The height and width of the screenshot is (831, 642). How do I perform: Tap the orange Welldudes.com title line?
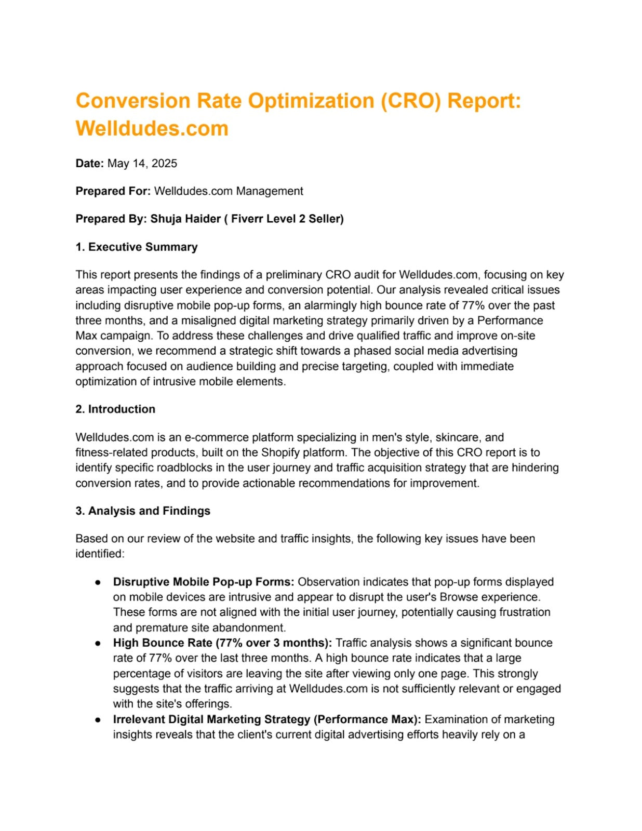tap(152, 128)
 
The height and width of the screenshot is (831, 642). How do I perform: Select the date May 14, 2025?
tap(142, 164)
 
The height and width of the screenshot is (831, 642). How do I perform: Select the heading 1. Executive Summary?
tap(137, 247)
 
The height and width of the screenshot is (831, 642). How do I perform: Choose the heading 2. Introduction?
tap(115, 409)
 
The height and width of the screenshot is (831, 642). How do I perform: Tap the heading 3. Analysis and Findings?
tap(143, 511)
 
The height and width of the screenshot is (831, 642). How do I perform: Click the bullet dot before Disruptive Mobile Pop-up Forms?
tap(98, 583)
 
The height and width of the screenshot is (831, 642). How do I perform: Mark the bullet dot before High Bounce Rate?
tap(98, 644)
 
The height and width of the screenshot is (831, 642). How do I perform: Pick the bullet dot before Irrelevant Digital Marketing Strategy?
tap(98, 720)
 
